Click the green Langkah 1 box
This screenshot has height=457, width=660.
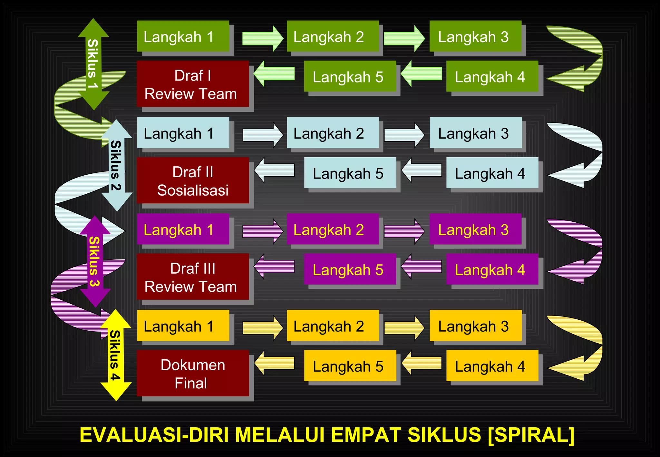coord(183,36)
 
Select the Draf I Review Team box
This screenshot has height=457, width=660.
coord(193,84)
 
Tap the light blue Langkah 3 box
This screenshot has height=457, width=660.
coord(475,133)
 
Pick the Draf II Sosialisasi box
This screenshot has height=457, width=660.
coord(193,180)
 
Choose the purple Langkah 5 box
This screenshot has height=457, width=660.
coord(350,269)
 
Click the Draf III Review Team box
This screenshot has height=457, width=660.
coord(193,277)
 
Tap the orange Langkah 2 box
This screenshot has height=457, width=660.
coord(333,326)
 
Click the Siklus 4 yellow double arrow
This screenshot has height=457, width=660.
coord(115,355)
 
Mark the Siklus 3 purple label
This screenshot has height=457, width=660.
coord(94,261)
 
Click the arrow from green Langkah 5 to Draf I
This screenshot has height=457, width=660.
coord(275,73)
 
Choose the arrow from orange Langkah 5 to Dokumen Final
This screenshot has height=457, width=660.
coord(275,363)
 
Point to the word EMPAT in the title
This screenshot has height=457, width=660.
coord(366,435)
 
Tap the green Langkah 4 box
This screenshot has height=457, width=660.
coord(492,76)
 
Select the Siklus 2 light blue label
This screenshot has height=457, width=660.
coord(116,165)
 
